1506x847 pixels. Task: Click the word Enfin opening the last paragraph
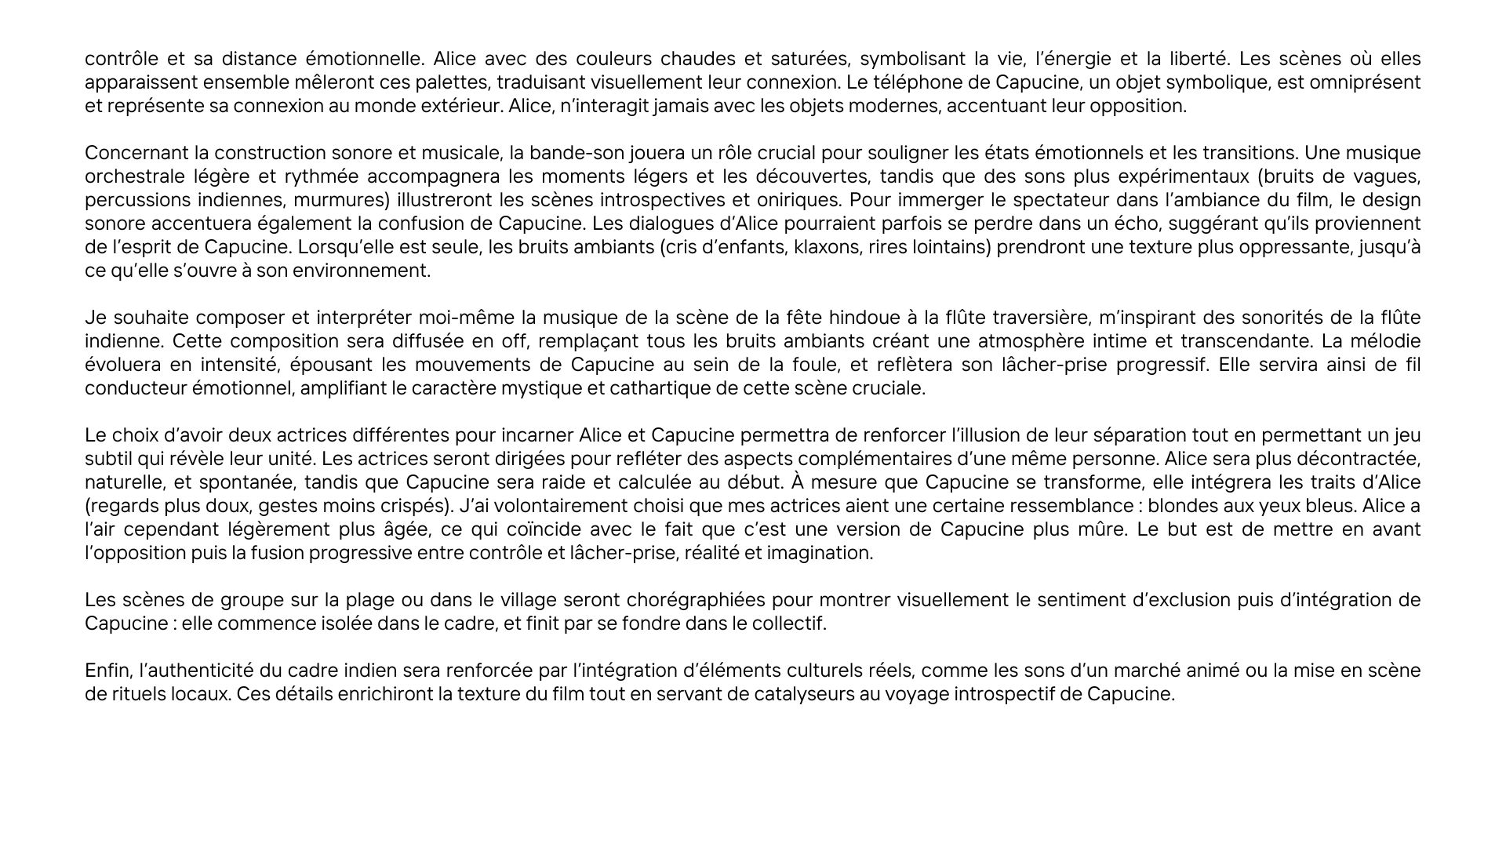pos(107,671)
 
